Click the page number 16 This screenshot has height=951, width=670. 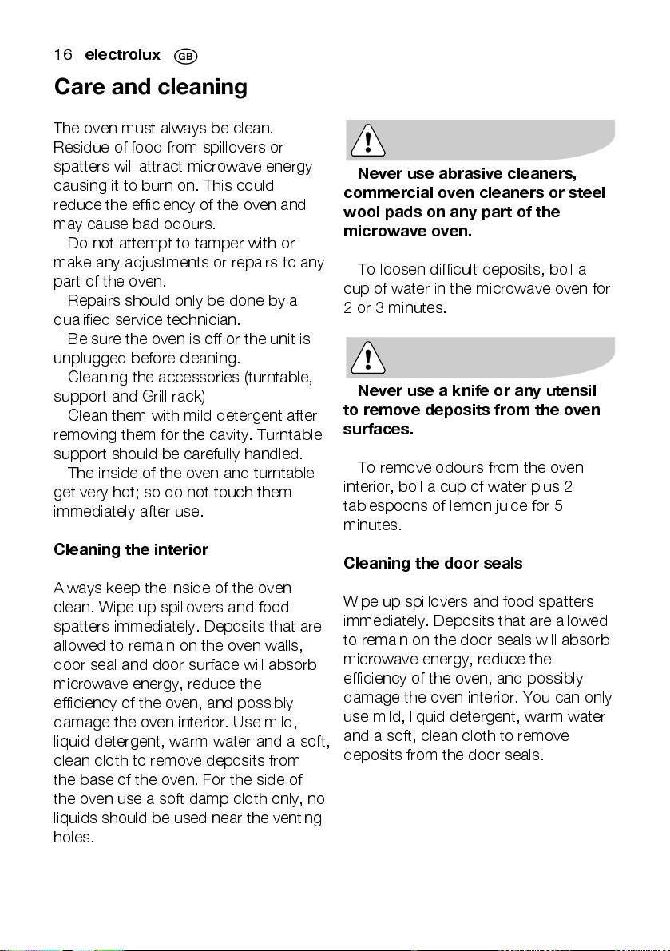pos(63,55)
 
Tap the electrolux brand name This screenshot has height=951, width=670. pos(122,55)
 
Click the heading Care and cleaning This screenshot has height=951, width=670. pos(150,86)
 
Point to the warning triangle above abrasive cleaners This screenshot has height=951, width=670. pos(367,143)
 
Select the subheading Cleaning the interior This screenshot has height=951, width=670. pos(131,549)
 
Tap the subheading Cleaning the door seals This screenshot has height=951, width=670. pos(433,563)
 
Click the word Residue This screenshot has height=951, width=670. pos(79,147)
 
